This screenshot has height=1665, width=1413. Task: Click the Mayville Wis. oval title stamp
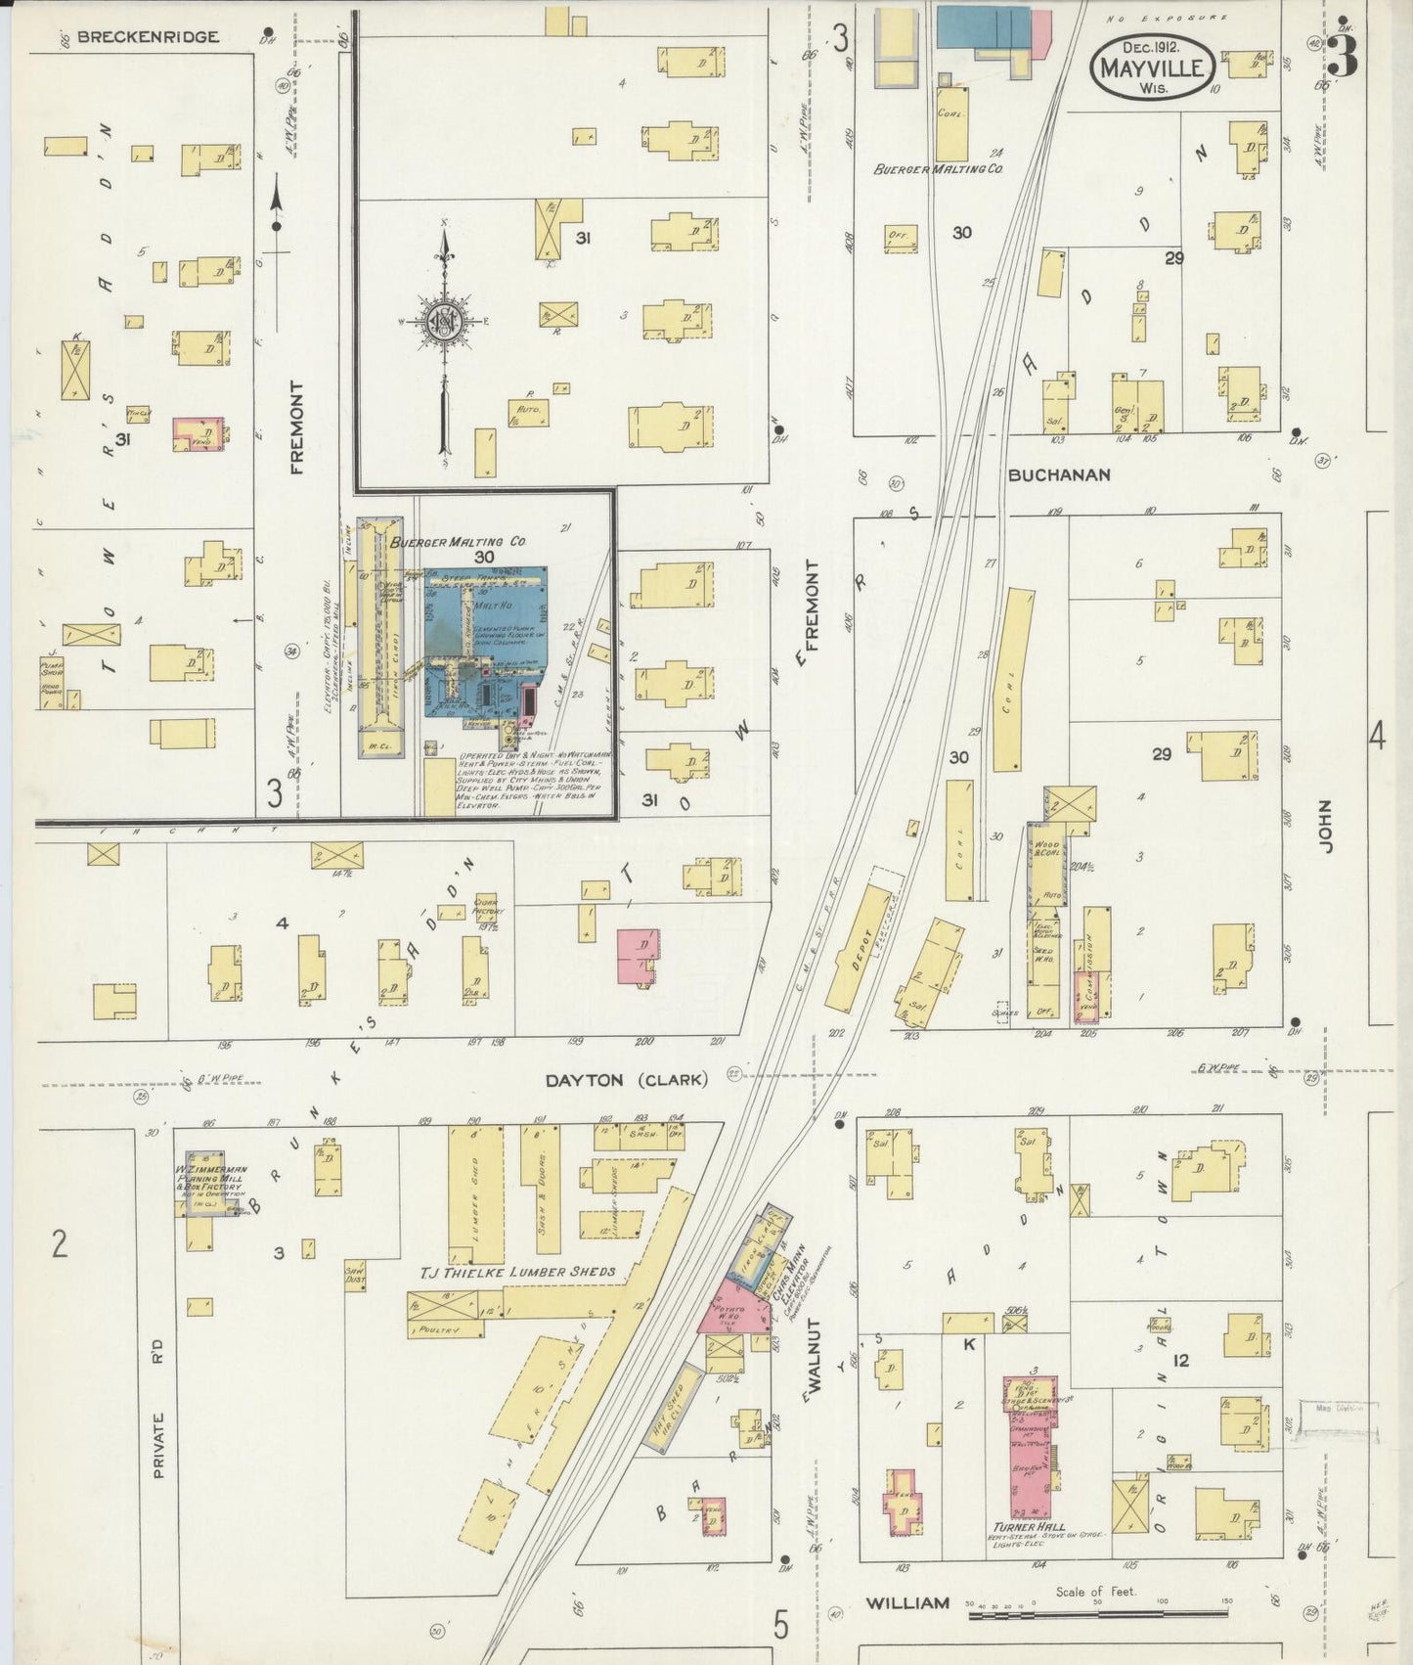[1153, 66]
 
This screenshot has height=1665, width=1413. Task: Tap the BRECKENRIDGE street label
[148, 37]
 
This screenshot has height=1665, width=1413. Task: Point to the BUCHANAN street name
[1059, 475]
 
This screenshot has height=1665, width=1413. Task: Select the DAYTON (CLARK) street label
[626, 1080]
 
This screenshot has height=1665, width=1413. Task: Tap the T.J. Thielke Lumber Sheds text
[518, 1272]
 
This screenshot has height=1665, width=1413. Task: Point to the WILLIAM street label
[907, 1602]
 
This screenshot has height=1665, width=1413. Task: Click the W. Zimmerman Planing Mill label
[211, 1174]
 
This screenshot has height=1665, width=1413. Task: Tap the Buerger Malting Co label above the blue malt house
[458, 541]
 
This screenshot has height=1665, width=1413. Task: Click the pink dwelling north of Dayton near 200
[638, 956]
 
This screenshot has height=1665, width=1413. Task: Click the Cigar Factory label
[487, 906]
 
